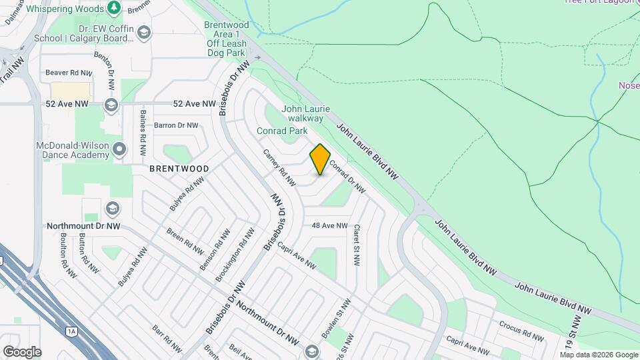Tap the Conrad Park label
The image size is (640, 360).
pyautogui.click(x=282, y=131)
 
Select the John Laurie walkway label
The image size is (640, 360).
pyautogui.click(x=306, y=113)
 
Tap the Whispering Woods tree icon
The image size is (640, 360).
pyautogui.click(x=114, y=8)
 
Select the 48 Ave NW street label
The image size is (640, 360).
pyautogui.click(x=330, y=225)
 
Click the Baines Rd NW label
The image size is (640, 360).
pyautogui.click(x=142, y=129)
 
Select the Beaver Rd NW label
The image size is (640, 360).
pyautogui.click(x=69, y=72)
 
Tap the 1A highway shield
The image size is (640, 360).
pyautogui.click(x=71, y=330)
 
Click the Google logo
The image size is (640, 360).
pyautogui.click(x=22, y=351)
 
